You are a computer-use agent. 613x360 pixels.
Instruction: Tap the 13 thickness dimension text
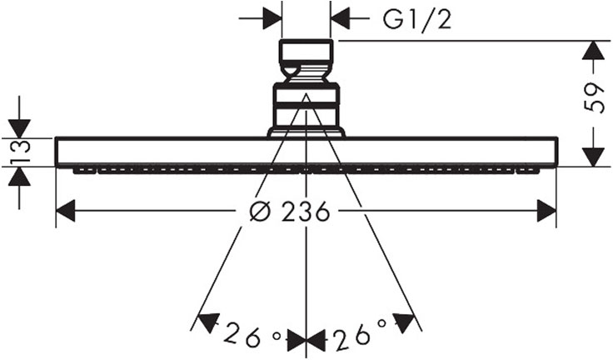(x=19, y=150)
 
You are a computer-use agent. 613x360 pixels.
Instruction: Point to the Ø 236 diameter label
(x=288, y=212)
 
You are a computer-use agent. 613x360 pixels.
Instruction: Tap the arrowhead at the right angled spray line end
(x=404, y=322)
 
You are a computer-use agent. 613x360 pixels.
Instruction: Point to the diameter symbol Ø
(x=260, y=212)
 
